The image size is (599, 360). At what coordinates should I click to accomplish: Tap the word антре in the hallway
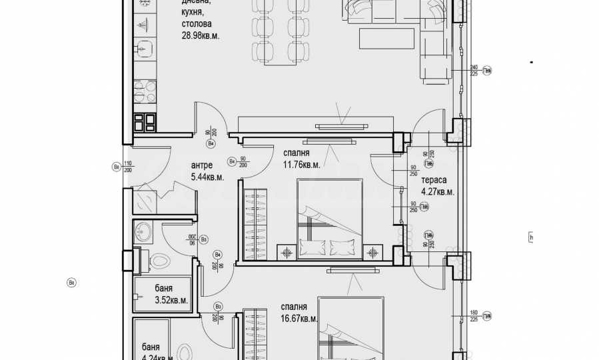point(202,165)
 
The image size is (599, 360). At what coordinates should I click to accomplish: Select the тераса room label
point(433,180)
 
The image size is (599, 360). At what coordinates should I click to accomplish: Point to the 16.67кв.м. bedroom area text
point(299,319)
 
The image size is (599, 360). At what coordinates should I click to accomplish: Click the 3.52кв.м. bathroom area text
point(171,300)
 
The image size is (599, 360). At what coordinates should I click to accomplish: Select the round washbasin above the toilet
point(143,231)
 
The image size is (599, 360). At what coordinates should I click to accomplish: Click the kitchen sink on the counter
point(143,47)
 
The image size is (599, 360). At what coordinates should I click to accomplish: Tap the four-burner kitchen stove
point(145,121)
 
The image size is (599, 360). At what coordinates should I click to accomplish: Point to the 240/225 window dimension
point(474,71)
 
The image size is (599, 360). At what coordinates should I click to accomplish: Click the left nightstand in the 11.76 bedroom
point(288,253)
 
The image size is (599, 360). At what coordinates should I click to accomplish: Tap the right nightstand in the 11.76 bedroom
point(372,253)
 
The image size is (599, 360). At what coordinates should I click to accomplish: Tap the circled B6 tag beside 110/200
point(116,167)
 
